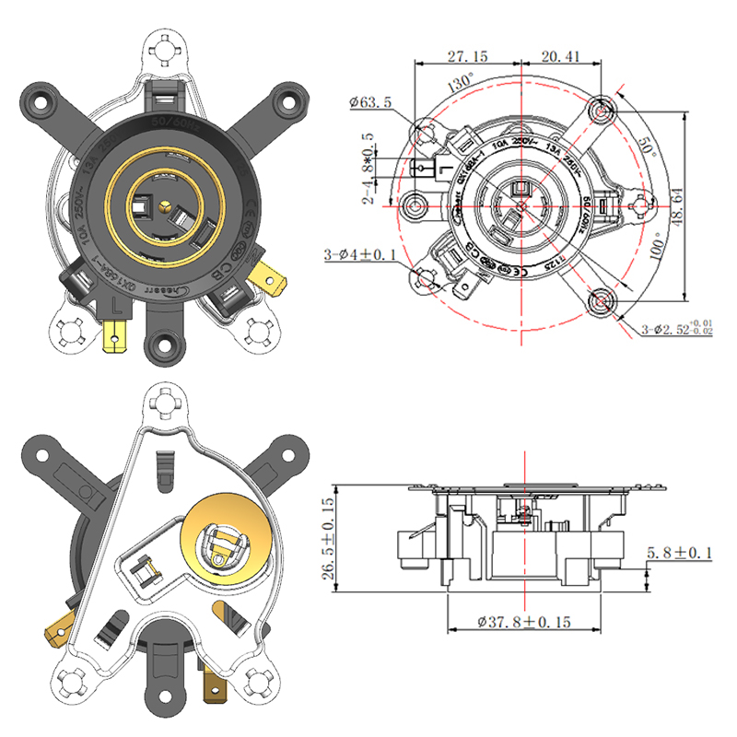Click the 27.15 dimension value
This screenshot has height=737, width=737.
(467, 56)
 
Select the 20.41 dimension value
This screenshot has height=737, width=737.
(561, 56)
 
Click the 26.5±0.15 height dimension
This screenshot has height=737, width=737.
(327, 539)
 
